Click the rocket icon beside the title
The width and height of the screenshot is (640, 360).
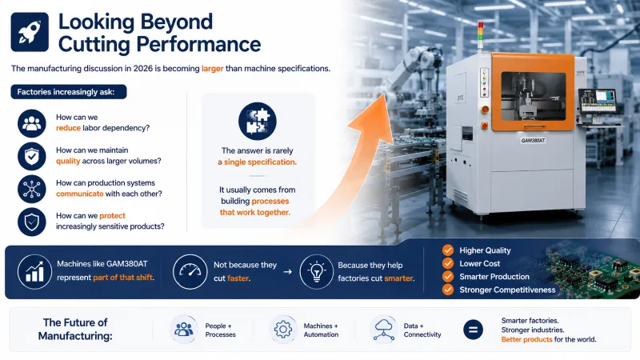coord(30,32)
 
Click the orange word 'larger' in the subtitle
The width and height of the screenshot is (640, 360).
coord(212,69)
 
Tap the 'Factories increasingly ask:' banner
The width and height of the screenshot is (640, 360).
coord(69,92)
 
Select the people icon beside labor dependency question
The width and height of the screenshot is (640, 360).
coord(32,123)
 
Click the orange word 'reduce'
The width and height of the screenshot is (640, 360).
coord(68,128)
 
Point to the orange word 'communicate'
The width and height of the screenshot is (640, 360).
coord(79,194)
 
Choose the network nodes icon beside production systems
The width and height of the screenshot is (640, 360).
coord(32,189)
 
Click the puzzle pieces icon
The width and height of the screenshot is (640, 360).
coord(257,122)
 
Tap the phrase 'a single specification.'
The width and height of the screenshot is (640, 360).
coord(257,162)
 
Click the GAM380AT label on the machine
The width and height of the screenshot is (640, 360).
coord(533,141)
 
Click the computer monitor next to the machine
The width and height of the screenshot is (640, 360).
coord(597,102)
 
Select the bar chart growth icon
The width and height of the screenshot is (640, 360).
coord(34,272)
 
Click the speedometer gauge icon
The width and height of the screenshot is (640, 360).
coord(190,272)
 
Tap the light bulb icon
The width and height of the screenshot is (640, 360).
coord(316,272)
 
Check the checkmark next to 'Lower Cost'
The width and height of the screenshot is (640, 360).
coord(448,263)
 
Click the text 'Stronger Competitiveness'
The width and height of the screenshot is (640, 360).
coord(507,290)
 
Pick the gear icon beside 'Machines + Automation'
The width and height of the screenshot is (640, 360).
coord(283,329)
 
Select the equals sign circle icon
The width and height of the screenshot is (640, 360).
coord(473,330)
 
